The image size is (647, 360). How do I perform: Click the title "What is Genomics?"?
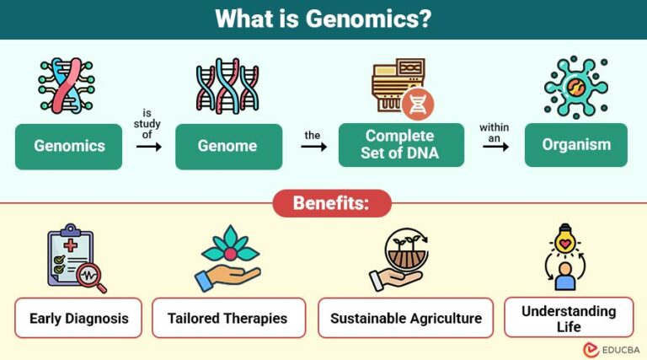coord(323,19)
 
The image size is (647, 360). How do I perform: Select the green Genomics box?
coord(69,146)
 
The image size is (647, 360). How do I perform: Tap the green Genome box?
coord(227,146)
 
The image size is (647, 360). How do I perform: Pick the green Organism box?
coord(576,144)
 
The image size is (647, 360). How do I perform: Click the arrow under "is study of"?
coord(148,147)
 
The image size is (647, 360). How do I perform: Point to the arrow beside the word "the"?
coord(313,147)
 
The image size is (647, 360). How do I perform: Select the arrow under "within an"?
coord(495,145)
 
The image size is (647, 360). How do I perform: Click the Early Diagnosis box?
coord(78,318)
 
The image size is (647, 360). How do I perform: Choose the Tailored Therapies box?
coord(228,318)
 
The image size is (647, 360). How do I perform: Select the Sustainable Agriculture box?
coord(405,318)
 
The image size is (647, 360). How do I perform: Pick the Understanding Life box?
coord(568,317)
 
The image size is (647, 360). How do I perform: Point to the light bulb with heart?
coord(565,244)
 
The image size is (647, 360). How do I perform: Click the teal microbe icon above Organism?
coord(575,88)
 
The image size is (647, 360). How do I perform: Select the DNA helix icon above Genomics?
coord(67,86)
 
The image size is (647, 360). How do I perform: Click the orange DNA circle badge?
coord(418,105)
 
